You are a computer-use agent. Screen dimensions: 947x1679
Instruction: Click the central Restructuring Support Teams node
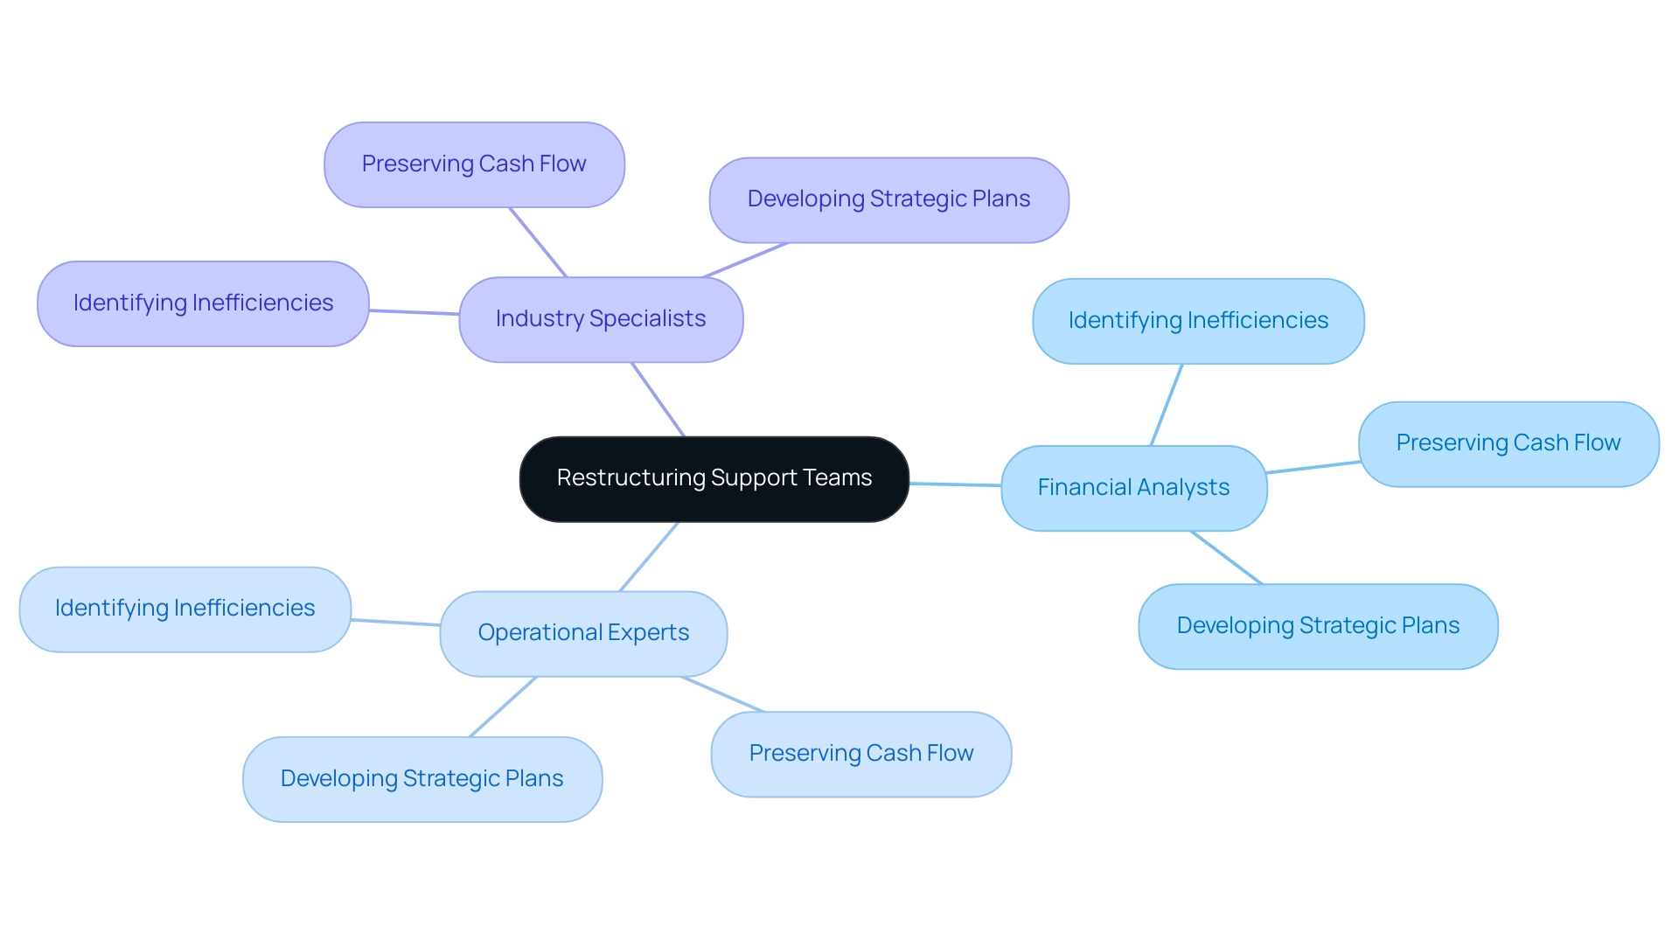(x=714, y=479)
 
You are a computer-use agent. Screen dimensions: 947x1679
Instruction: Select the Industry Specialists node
(x=601, y=319)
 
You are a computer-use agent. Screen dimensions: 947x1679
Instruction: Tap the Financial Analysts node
(x=1133, y=488)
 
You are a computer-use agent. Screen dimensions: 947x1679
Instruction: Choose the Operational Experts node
(x=583, y=633)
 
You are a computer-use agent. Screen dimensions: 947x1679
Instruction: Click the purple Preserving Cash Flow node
(x=474, y=164)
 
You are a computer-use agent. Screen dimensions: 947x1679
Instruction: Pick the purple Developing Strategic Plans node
(x=888, y=199)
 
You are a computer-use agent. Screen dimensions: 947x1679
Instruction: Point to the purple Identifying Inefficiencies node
(x=203, y=303)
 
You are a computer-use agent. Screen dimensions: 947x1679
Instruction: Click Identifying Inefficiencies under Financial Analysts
(x=1198, y=321)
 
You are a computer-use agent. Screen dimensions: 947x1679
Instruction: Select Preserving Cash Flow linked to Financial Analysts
(x=1508, y=443)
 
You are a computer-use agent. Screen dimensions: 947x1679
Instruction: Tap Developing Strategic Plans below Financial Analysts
(x=1318, y=626)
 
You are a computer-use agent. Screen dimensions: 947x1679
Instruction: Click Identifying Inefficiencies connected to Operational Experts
(x=185, y=609)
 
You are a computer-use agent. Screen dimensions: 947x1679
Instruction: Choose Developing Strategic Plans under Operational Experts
(x=421, y=779)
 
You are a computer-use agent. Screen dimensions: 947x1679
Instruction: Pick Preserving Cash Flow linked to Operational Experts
(x=860, y=754)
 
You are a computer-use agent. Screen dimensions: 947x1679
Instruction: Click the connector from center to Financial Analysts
(x=955, y=484)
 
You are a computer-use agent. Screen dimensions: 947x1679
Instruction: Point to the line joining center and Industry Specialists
(x=658, y=400)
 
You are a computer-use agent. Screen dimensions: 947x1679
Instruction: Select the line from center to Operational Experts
(x=649, y=557)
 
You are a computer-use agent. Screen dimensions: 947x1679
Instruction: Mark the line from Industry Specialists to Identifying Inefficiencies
(x=414, y=311)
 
